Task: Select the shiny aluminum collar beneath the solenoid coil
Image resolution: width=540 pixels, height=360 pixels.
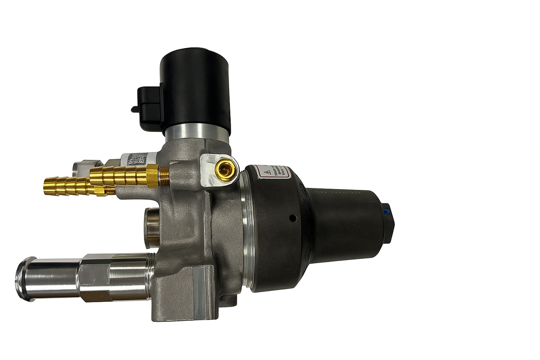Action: coord(197,134)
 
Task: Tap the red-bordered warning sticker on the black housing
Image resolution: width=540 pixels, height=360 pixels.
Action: coord(274,172)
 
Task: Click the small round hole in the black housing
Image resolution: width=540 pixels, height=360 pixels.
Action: coord(292,218)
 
